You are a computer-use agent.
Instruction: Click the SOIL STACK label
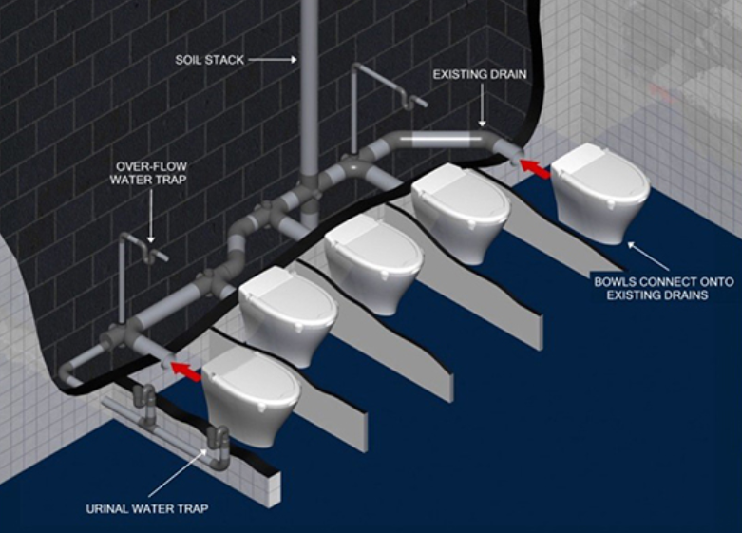point(210,60)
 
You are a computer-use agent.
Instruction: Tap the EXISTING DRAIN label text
point(480,74)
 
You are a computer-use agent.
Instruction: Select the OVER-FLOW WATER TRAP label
point(148,173)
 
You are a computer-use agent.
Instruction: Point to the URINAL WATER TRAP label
point(147,509)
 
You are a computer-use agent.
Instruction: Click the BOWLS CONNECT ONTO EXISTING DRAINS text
point(664,288)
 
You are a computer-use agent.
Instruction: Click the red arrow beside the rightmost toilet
point(535,169)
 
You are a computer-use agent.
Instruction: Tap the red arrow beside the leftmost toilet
point(185,371)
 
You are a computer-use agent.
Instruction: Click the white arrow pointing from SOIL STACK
point(273,60)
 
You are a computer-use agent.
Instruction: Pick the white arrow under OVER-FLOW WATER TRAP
point(150,217)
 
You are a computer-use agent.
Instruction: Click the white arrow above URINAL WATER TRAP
point(179,472)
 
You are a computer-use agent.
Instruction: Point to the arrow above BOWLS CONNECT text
point(648,257)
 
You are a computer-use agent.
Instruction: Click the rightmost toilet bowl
point(600,193)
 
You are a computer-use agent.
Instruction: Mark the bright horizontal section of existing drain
point(440,139)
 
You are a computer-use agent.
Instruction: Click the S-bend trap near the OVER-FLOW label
point(152,252)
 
